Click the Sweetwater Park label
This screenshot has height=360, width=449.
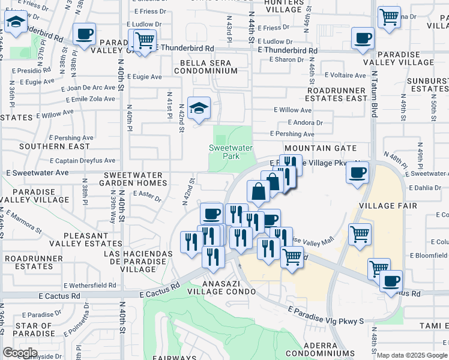231,152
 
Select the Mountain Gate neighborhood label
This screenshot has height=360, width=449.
321,148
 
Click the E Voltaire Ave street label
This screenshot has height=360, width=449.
345,76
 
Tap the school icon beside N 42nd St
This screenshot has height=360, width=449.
199,108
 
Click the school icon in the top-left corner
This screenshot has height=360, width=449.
15,24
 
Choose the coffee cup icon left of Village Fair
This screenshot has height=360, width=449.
358,173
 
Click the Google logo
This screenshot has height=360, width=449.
20,353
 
